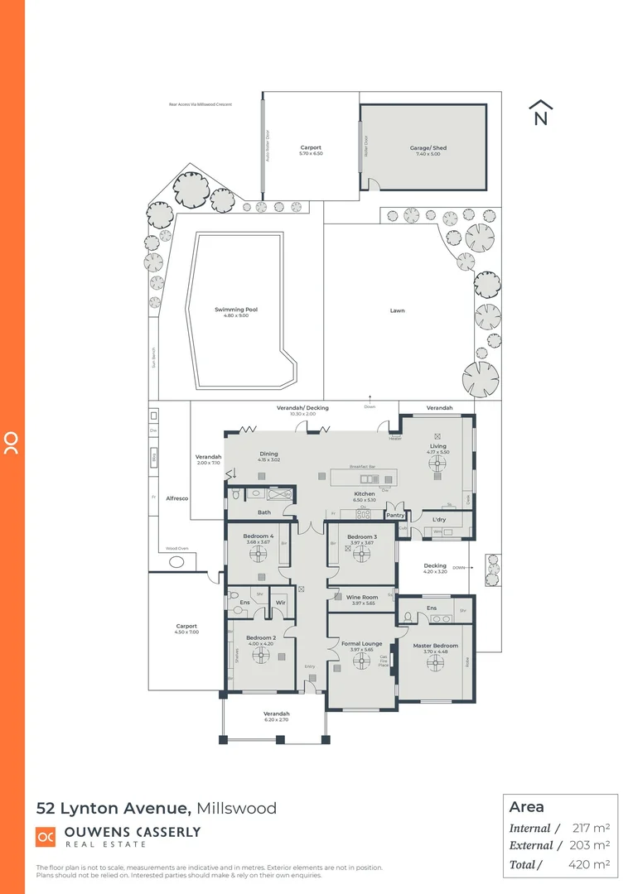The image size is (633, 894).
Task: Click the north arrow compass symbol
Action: [541, 113]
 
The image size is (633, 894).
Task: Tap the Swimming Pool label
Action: [236, 310]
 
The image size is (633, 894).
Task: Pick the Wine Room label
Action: [361, 597]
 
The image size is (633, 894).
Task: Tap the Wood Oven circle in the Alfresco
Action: [176, 562]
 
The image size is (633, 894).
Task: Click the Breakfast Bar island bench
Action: [362, 478]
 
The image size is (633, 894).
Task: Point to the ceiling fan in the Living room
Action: [437, 464]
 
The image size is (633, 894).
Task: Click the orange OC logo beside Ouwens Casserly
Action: [46, 837]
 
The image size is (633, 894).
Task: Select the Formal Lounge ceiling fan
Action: [361, 661]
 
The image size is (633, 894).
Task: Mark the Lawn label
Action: [398, 310]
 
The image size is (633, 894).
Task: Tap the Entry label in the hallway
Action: [310, 666]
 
